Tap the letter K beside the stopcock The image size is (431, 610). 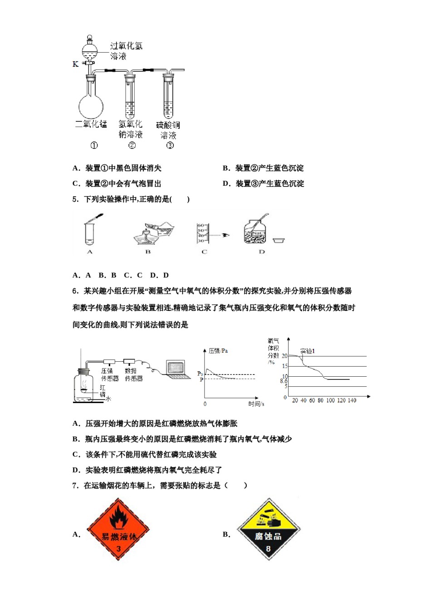pos(75,64)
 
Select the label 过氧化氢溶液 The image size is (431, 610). pos(125,51)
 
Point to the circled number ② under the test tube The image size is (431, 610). pos(132,145)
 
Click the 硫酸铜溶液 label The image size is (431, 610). pos(168,130)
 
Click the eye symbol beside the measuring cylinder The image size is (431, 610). pos(226,235)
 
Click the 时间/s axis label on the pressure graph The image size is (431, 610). pos(256,403)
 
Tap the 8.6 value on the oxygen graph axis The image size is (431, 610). pos(284,381)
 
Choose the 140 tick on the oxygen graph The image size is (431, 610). pos(352,400)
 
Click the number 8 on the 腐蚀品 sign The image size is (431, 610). pos(268,549)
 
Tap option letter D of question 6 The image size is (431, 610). pos(76,470)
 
